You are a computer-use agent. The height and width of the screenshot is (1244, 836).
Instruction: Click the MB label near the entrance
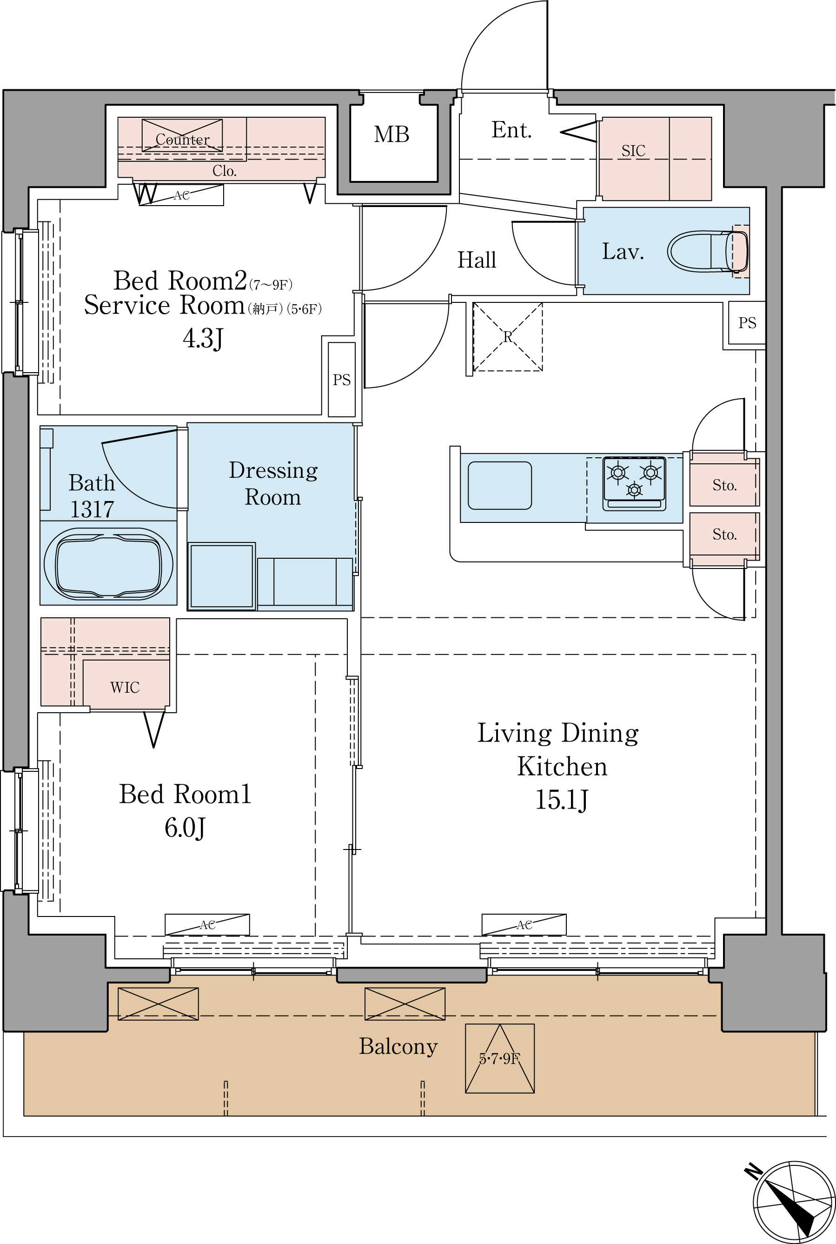(x=391, y=134)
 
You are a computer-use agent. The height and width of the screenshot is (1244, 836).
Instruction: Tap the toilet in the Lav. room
(x=708, y=251)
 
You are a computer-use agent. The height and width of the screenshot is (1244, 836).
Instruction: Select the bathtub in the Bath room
(x=108, y=564)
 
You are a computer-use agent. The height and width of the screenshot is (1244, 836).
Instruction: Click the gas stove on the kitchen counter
(x=634, y=483)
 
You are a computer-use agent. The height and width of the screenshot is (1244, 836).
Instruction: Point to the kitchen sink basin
(x=499, y=485)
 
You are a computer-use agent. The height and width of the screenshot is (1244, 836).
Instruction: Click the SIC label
(x=633, y=151)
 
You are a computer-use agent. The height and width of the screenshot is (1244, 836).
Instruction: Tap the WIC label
(x=125, y=687)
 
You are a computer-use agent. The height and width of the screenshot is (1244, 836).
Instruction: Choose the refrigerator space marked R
(x=508, y=337)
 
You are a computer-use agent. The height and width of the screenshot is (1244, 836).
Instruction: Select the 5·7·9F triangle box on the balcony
(x=499, y=1058)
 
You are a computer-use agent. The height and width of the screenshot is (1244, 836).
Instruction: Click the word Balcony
(x=398, y=1047)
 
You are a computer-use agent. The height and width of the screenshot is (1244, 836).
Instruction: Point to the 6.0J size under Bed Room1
(x=185, y=828)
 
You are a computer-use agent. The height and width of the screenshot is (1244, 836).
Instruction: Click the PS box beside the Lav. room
(x=747, y=323)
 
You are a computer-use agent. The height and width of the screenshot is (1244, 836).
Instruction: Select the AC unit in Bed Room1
(x=207, y=924)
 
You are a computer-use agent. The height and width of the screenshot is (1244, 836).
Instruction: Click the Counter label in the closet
(x=182, y=139)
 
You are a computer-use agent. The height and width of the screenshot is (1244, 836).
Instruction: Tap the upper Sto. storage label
(x=724, y=485)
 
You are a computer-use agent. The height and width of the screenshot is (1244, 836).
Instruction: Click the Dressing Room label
(x=273, y=483)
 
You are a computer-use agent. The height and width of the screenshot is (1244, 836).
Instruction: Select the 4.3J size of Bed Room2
(x=203, y=338)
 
